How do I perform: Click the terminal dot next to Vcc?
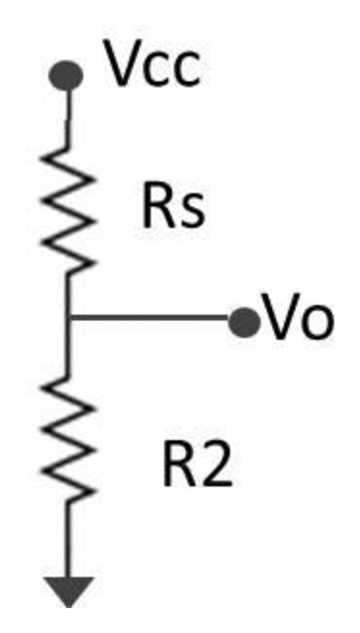[x=67, y=75]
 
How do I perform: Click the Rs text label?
[x=171, y=208]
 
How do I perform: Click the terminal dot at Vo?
[x=240, y=321]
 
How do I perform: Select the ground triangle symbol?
[x=68, y=590]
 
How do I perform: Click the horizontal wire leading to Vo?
[x=150, y=320]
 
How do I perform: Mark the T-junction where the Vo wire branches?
[x=68, y=320]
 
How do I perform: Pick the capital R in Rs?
[x=156, y=208]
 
